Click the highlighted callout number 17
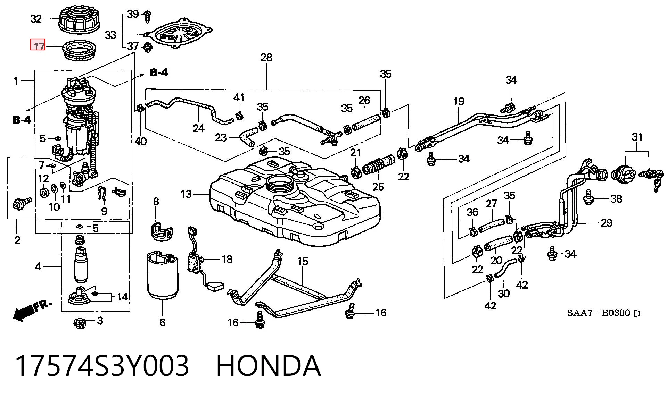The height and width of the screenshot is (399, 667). [39, 46]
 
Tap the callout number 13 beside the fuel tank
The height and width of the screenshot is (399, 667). [186, 194]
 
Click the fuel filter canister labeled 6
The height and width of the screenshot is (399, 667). [163, 276]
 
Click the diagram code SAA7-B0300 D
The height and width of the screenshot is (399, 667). [603, 313]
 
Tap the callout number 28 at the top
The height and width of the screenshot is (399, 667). [266, 57]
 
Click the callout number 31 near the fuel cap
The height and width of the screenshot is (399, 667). [637, 137]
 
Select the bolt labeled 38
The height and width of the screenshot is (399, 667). [588, 197]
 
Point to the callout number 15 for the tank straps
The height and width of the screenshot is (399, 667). [303, 261]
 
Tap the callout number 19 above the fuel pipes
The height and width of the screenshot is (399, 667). [459, 101]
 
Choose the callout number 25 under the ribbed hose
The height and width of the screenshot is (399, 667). [378, 187]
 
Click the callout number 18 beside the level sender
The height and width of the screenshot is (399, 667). [227, 259]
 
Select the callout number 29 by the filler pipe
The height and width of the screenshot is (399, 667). [606, 223]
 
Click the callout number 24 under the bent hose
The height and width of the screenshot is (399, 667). [198, 128]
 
